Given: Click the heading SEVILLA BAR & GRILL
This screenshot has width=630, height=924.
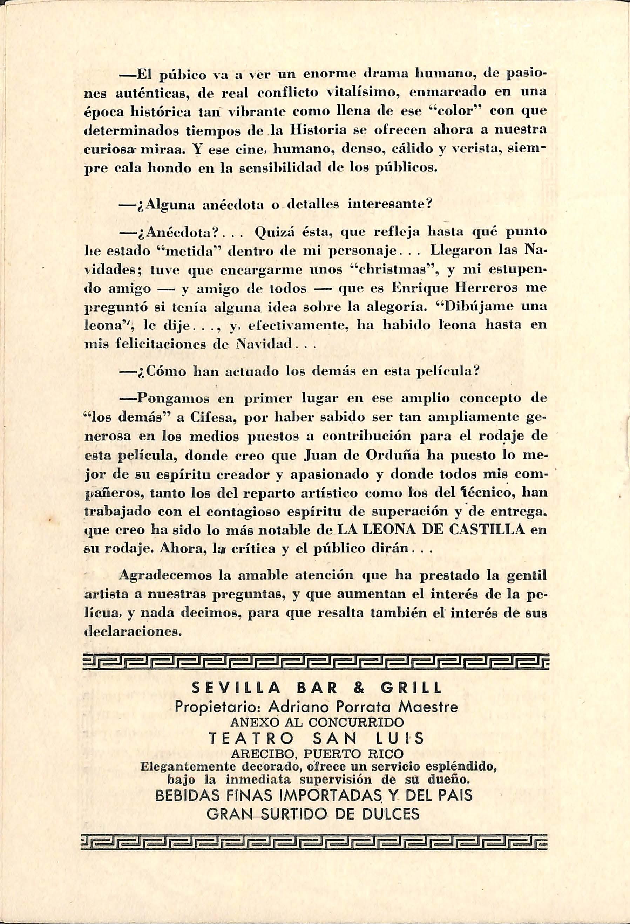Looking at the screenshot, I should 317,688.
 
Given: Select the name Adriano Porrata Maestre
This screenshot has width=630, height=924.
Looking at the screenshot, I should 363,708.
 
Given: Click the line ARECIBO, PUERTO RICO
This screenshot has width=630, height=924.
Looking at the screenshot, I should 317,754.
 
